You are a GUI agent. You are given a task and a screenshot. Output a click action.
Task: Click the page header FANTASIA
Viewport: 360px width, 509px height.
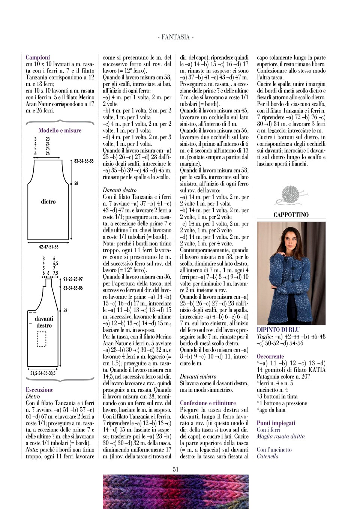[175, 37]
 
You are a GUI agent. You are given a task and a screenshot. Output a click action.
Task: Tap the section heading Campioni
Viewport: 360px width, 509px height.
[37, 57]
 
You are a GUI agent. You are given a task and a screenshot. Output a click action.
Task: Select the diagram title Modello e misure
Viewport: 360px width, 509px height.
[60, 130]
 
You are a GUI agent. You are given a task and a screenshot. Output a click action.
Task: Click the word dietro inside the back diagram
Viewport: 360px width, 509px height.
[48, 202]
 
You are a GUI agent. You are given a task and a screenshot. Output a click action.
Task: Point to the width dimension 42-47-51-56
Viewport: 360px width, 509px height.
[49, 247]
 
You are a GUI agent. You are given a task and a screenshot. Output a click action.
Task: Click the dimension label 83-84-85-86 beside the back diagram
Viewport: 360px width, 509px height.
[84, 161]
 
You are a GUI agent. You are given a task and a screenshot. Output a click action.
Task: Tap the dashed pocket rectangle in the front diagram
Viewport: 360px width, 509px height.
[41, 339]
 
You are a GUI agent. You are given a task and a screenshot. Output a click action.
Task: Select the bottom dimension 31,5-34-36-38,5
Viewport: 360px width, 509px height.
[43, 373]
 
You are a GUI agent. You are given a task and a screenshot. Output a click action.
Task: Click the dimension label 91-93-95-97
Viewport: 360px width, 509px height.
[73, 279]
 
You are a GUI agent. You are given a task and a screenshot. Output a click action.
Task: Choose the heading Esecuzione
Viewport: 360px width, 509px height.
[39, 390]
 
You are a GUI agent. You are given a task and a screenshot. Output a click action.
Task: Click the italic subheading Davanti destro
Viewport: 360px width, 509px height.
[120, 190]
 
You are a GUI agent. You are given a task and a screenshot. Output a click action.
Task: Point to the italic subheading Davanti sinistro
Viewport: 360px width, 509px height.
[198, 377]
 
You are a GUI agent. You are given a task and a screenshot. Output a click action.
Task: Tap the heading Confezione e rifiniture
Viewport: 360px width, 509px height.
[208, 403]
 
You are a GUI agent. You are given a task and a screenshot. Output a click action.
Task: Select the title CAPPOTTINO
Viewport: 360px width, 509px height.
[291, 215]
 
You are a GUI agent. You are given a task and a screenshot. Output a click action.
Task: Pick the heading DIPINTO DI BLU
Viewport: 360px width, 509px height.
[278, 330]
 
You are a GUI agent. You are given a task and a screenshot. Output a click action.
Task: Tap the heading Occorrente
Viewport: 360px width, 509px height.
[270, 356]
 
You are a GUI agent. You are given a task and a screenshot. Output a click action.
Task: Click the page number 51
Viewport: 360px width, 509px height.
[175, 469]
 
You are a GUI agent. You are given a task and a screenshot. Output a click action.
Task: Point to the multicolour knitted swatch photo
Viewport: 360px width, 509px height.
[175, 491]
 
